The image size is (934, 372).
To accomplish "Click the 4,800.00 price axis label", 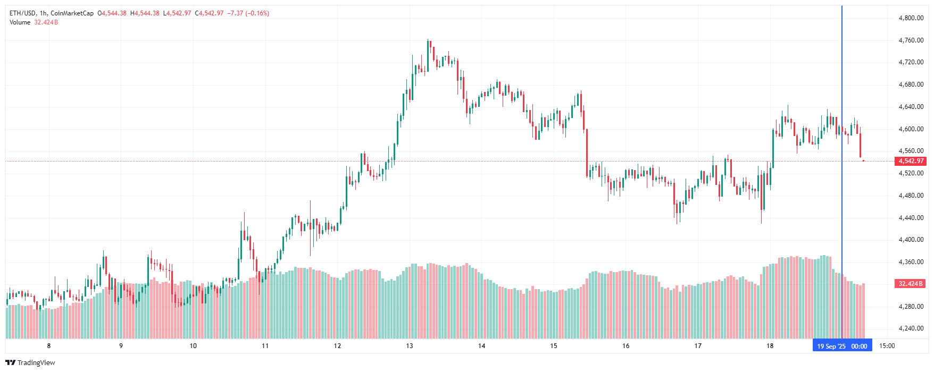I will [911, 18].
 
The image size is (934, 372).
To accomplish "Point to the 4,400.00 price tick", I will [911, 240].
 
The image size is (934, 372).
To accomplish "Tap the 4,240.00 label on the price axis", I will [911, 328].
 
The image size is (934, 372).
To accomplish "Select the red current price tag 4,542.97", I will [911, 161].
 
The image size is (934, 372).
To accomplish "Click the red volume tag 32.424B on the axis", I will [911, 284].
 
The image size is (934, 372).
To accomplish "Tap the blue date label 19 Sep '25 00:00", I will [842, 346].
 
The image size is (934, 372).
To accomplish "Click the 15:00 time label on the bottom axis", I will [887, 346].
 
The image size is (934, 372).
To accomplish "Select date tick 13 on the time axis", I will [410, 346].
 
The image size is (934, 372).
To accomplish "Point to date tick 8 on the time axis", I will [49, 346].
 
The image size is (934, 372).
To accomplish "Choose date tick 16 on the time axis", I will [626, 346].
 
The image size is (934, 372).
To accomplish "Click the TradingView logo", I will [30, 362].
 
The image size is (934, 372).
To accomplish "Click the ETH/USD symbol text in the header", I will [23, 13].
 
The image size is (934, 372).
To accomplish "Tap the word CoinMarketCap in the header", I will [72, 13].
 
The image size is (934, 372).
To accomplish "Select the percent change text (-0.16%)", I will [257, 13].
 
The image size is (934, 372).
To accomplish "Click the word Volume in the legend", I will [20, 22].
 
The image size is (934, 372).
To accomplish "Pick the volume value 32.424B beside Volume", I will [46, 22].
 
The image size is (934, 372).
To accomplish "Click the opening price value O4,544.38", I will [112, 13].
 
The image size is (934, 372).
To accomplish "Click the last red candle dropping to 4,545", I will [860, 145].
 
